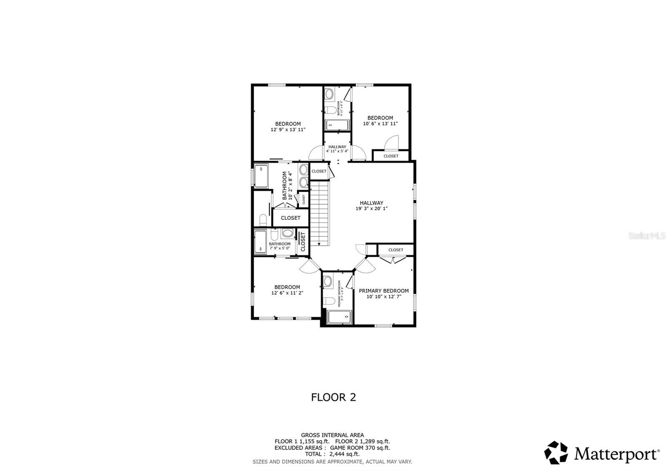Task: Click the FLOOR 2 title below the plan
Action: [333, 397]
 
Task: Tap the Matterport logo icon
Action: [556, 453]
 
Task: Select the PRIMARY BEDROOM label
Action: [384, 291]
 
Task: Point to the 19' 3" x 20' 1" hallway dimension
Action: [371, 209]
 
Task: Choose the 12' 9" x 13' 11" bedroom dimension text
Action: [288, 130]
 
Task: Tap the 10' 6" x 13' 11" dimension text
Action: [380, 124]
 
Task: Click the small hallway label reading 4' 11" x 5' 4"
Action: [337, 151]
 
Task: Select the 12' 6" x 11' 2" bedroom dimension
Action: [287, 293]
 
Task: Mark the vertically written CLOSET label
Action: [303, 242]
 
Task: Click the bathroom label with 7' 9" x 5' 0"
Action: [279, 246]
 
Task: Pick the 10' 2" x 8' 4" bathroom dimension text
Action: [291, 185]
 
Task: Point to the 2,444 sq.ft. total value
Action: [344, 454]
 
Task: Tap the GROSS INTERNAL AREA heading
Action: [332, 435]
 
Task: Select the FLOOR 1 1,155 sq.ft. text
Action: [302, 441]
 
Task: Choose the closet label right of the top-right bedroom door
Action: [391, 156]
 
